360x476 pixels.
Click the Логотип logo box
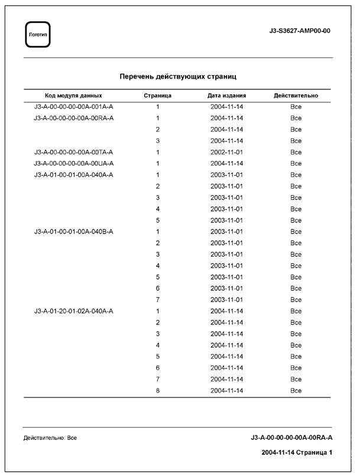(38, 35)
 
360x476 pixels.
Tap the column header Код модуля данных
(73, 95)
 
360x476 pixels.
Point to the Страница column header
(158, 95)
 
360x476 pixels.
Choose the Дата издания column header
(226, 95)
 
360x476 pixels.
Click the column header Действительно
(296, 95)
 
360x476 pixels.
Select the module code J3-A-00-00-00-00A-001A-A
(74, 107)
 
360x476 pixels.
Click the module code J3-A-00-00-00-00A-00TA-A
(74, 152)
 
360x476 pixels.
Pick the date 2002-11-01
(226, 152)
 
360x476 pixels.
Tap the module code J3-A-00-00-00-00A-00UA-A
(74, 163)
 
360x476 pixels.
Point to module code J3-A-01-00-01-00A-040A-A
(74, 175)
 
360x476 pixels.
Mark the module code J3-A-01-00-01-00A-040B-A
(74, 232)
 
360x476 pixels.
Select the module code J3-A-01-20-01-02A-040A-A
(74, 311)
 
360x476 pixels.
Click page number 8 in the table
(158, 391)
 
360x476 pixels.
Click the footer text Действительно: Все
(50, 438)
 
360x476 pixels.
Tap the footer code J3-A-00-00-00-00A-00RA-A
(291, 438)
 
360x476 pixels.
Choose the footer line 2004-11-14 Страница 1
(297, 453)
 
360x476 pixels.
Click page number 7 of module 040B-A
(158, 300)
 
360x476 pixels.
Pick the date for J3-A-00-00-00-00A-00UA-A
(226, 163)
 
